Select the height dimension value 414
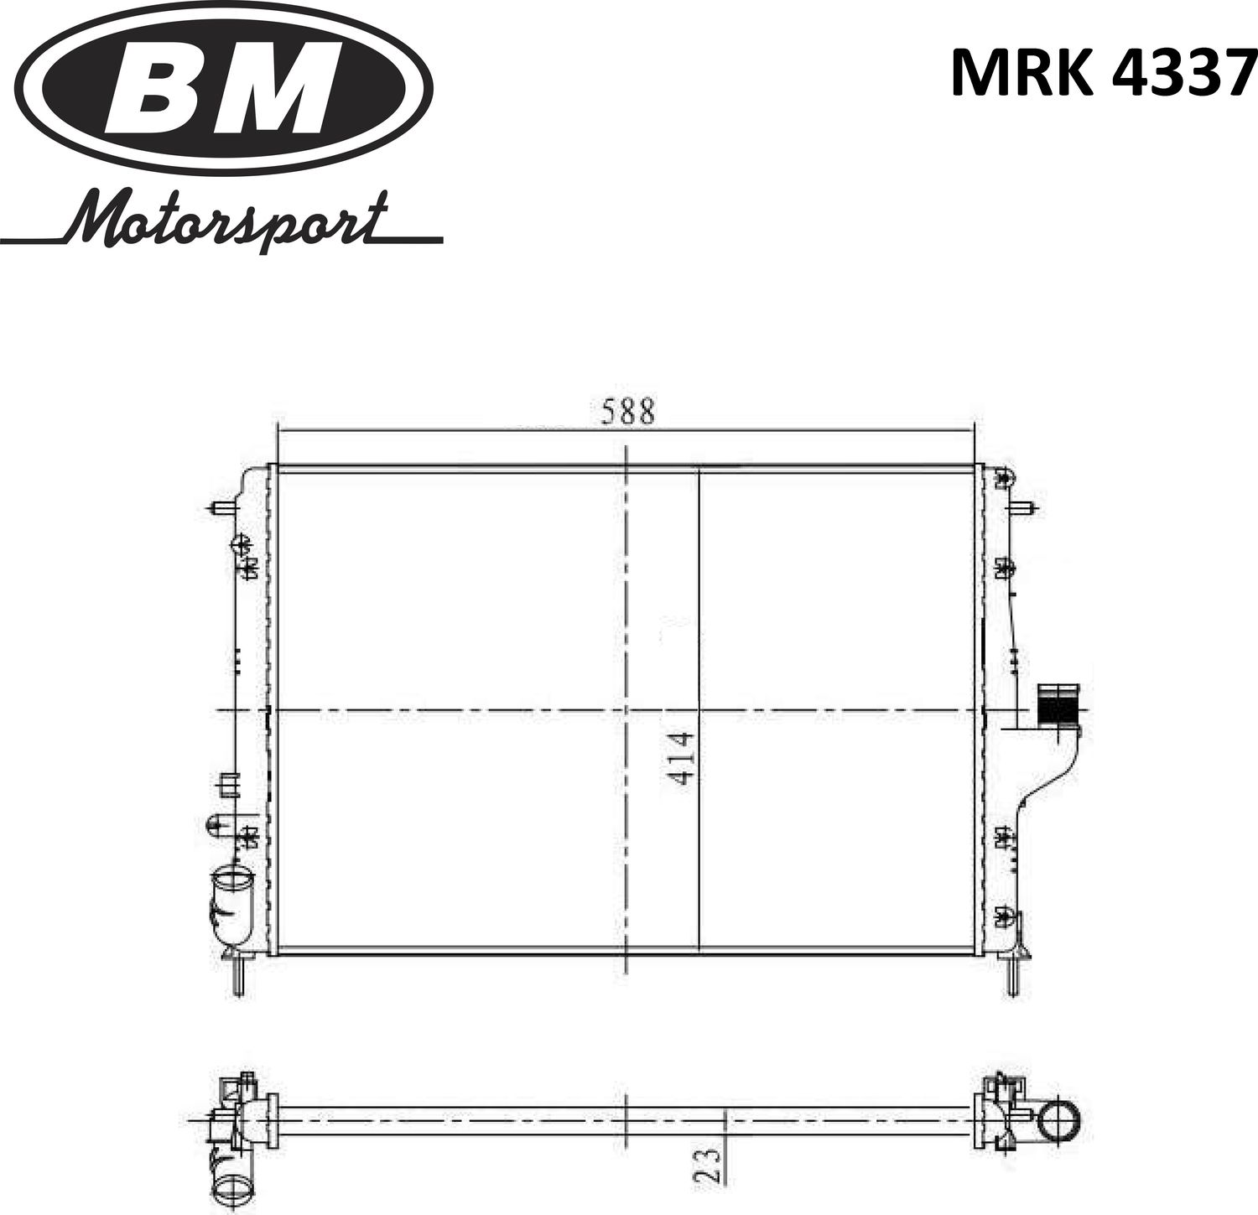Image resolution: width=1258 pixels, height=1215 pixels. pos(682,758)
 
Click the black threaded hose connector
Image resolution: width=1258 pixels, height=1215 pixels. pos(1058,705)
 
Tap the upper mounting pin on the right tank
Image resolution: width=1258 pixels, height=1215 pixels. pos(1025,508)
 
